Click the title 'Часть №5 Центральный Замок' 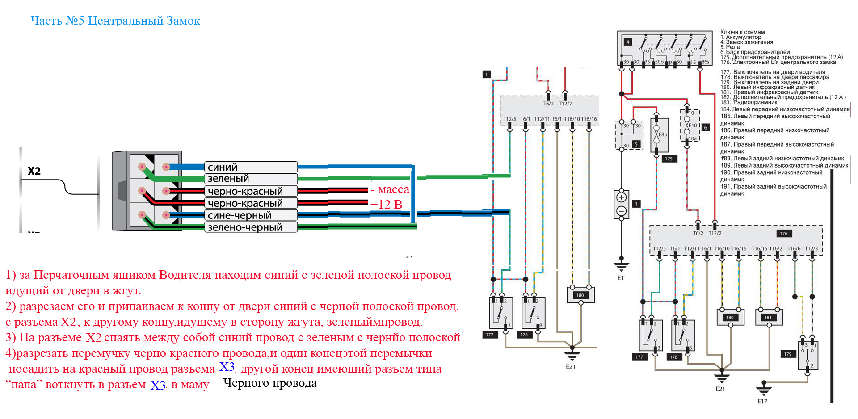pos(115,21)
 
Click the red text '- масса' pos(390,189)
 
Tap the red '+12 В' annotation pos(386,205)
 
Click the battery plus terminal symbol pos(621,197)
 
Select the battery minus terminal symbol pos(621,211)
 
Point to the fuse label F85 pos(663,134)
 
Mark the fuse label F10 pos(693,126)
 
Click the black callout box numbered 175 pos(669,159)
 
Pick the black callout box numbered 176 pos(784,234)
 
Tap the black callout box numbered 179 pos(787,354)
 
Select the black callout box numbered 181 pos(768,318)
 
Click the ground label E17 pos(762,402)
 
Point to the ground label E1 pos(621,278)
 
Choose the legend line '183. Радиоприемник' pos(749,102)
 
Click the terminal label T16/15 pos(759,249)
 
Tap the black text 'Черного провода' pos(270,383)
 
